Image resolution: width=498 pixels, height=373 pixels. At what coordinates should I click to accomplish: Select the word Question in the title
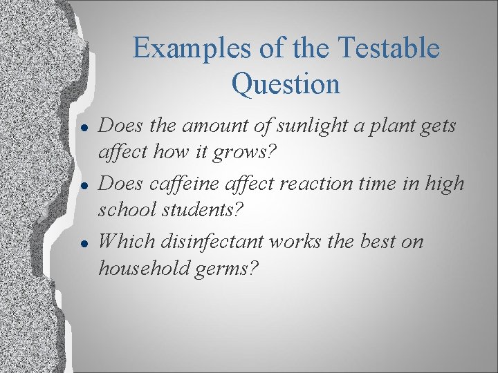[286, 84]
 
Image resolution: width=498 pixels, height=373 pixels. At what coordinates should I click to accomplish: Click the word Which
[127, 242]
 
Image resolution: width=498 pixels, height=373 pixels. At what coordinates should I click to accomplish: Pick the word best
[376, 242]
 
